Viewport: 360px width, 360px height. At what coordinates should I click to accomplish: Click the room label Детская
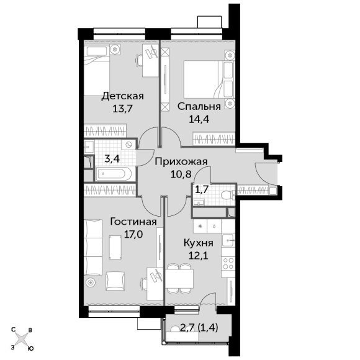tap(123, 96)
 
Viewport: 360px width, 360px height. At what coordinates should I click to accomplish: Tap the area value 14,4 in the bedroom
tap(199, 119)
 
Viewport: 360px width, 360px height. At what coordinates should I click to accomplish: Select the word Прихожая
tap(181, 161)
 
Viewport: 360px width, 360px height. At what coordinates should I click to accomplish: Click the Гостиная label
tap(133, 222)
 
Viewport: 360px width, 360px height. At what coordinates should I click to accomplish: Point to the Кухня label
tap(199, 243)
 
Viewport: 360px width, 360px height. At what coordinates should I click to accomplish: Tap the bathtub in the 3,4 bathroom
tap(114, 174)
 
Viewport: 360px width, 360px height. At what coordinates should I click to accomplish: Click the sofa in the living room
tap(93, 247)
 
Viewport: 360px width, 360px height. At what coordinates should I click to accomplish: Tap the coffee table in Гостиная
tap(115, 247)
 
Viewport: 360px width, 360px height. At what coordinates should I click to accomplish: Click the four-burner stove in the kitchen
tap(228, 263)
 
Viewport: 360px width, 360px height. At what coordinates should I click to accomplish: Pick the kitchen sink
tap(228, 240)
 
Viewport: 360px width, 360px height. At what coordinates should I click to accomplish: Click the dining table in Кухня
tap(179, 279)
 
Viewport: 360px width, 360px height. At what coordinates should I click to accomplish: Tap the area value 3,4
tap(112, 158)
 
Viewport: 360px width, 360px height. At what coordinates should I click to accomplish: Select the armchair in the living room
tap(115, 281)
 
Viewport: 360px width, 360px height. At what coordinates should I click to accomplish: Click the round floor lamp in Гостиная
tap(90, 282)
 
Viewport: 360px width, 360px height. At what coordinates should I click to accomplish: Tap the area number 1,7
tap(202, 189)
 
